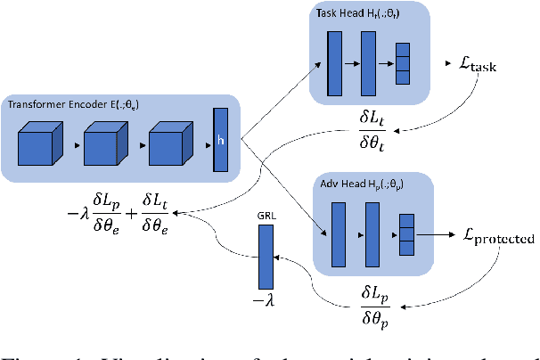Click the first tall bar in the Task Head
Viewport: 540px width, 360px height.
[x=334, y=61]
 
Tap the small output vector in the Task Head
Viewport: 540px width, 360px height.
[x=401, y=61]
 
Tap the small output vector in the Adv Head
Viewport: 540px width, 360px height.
[x=406, y=232]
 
